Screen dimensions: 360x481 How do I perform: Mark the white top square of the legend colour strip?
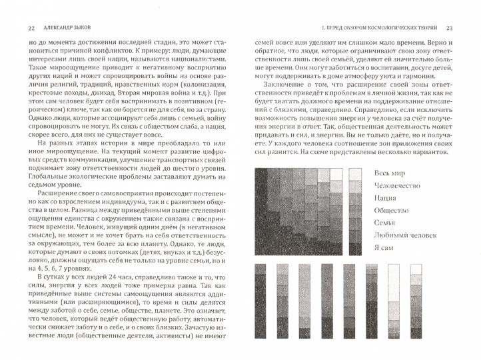(x=354, y=174)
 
